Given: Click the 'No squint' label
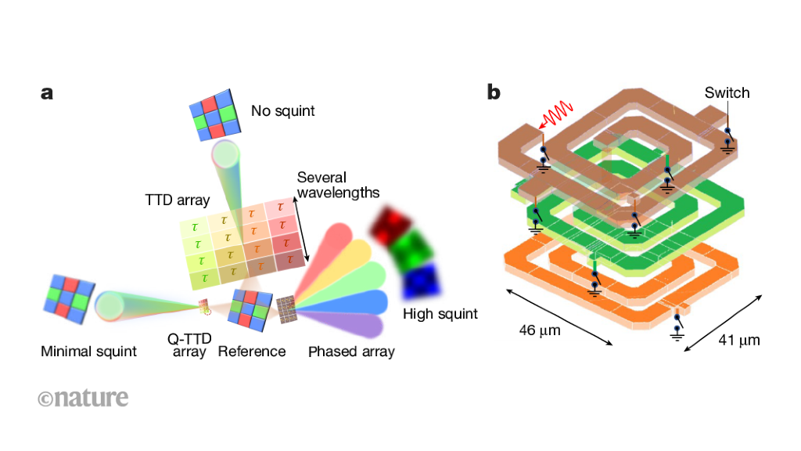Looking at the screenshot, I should click(282, 111).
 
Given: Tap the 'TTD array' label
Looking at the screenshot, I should click(178, 200).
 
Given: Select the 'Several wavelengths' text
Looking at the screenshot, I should click(338, 185).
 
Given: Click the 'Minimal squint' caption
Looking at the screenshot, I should click(88, 351).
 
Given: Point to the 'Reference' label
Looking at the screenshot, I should click(251, 351).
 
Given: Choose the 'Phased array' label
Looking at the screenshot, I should click(351, 351).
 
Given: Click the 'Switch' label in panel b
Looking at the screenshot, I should click(726, 93).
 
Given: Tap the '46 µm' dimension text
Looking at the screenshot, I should click(540, 330).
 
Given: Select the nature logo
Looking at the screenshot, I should click(83, 398).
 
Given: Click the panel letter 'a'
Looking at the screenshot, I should click(47, 93).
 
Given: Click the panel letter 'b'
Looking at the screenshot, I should click(494, 92).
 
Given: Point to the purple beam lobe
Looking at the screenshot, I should click(349, 324).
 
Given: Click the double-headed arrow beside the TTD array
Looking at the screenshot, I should click(300, 229).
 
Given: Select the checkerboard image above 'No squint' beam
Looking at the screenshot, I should click(214, 114).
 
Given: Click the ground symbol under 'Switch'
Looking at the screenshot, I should click(728, 144).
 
